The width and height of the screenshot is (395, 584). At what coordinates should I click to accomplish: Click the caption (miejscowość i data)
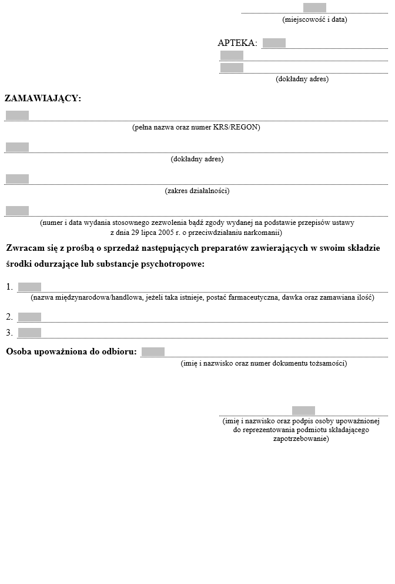tap(314, 19)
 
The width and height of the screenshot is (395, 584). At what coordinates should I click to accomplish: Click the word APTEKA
tap(236, 43)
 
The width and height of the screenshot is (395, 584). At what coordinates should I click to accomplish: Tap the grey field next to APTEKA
tap(274, 43)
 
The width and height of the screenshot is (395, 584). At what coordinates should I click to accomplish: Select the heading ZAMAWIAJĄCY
tap(43, 98)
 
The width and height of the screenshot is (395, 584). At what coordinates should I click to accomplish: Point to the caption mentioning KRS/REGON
tap(196, 127)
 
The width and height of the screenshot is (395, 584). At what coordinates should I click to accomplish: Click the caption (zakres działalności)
tap(197, 191)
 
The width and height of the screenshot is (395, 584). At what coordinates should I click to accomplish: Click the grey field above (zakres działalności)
tap(17, 179)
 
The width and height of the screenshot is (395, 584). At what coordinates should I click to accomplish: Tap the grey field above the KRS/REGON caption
tap(17, 115)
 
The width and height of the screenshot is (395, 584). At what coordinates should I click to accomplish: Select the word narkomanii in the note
tap(264, 232)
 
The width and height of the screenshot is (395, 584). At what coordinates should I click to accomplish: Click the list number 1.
tap(9, 287)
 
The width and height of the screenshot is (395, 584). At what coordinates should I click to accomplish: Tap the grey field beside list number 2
tap(29, 317)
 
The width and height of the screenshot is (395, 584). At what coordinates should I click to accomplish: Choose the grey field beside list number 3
tap(29, 333)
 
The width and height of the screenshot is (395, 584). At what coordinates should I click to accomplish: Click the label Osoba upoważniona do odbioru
tap(71, 352)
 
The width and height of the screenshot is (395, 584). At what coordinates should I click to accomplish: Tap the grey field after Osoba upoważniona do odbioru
tap(153, 352)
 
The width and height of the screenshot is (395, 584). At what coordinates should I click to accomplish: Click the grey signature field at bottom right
tap(303, 410)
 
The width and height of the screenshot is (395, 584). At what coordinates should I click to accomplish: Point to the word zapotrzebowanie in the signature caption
tap(301, 439)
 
